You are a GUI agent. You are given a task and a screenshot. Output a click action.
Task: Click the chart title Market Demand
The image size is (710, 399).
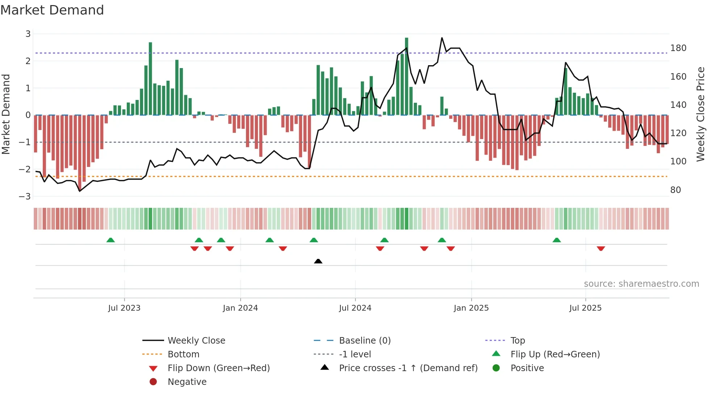point(52,10)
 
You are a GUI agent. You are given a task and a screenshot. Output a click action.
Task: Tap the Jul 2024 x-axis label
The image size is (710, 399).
point(355,308)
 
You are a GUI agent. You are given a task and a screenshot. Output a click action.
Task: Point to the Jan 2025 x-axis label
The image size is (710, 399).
point(471,308)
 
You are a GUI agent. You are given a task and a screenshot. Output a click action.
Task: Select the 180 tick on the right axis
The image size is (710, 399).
point(678,48)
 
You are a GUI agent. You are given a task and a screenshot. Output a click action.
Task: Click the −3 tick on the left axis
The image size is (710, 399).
point(25,196)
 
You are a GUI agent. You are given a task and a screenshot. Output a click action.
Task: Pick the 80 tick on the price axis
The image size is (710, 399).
point(675,190)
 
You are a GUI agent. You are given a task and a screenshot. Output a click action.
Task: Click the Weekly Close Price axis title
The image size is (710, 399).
point(701,114)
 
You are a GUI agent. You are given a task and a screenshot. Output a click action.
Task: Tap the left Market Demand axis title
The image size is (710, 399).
point(6,114)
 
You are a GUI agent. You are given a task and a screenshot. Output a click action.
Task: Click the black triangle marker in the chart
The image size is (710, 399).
point(318,261)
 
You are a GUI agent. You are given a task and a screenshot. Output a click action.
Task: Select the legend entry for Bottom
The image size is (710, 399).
point(183,354)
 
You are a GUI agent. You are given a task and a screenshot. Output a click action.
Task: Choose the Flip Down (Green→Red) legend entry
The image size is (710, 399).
point(218,368)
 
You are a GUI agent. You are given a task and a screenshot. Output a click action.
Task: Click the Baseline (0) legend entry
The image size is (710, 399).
point(364,341)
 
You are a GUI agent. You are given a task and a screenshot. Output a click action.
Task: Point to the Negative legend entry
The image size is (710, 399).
point(187,382)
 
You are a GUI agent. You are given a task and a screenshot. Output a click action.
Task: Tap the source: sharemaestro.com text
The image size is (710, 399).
point(641,284)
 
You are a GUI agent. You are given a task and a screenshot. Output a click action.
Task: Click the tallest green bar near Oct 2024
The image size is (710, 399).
point(406,76)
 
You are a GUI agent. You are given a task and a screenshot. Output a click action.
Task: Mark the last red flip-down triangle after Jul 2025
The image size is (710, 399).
point(601,248)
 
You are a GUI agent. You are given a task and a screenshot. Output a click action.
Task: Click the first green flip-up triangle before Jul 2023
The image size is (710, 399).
point(110,240)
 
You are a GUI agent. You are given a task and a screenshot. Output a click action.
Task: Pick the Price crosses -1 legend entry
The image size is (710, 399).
point(408,368)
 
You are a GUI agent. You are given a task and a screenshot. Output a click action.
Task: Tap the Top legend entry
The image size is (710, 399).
point(517,341)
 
